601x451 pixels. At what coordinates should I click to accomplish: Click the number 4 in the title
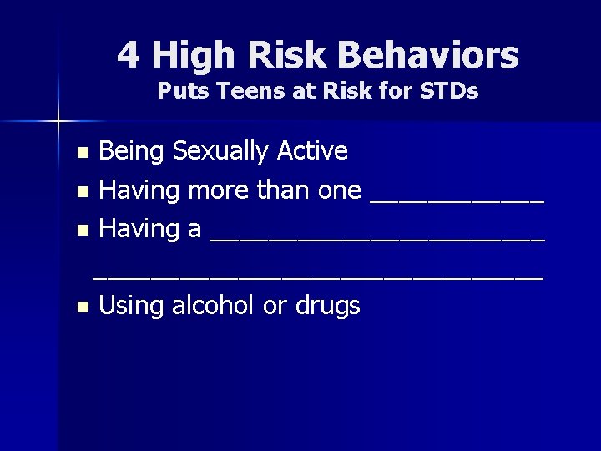tap(128, 56)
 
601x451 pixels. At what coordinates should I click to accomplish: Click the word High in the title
tap(189, 56)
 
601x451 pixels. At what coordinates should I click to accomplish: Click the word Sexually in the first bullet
tap(225, 151)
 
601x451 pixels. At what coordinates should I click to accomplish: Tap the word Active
tap(315, 151)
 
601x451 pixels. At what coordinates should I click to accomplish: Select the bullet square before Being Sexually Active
tap(82, 154)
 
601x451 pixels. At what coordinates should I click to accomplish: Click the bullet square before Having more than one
tap(82, 192)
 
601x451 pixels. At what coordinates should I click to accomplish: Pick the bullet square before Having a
tap(82, 231)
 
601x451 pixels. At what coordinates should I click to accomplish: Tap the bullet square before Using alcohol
tap(82, 307)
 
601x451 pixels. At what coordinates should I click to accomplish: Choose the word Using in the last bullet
tap(132, 306)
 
